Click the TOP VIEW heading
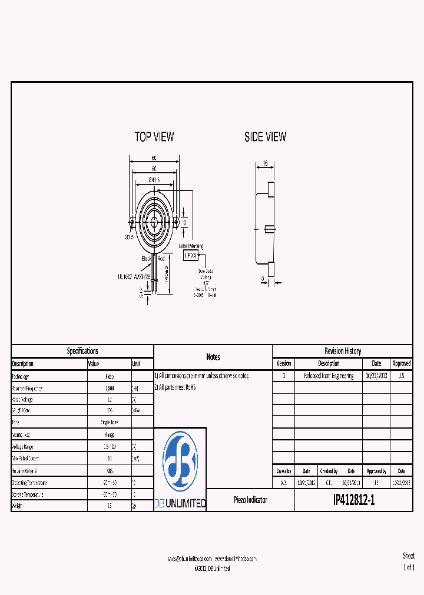point(154,136)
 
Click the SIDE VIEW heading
point(265,136)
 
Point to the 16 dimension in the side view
point(265,163)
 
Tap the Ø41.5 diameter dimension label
point(154,179)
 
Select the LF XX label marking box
point(191,256)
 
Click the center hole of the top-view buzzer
point(154,222)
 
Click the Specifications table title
point(82,351)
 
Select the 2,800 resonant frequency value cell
point(109,388)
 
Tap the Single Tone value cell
point(109,423)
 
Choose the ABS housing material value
point(109,470)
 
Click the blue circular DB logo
point(180,460)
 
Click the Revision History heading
point(343,351)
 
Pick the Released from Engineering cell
point(329,376)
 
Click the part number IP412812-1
point(353,500)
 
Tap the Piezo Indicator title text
point(250,500)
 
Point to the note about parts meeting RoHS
point(175,387)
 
